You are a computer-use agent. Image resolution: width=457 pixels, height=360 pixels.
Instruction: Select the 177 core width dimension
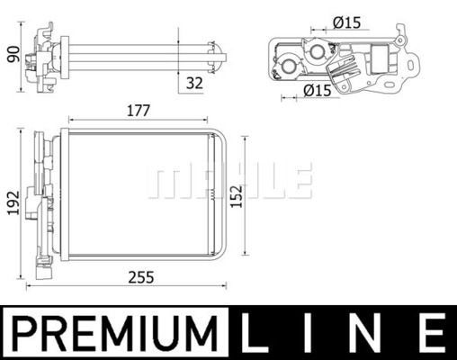pos(138,111)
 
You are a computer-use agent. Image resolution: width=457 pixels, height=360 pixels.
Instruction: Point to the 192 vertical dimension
pos(13,204)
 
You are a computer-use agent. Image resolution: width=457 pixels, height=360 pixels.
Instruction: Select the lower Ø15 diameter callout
pos(317,90)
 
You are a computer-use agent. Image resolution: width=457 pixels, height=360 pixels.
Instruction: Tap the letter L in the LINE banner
pos(257,333)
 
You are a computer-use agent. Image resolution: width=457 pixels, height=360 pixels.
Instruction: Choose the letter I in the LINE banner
pos(310,333)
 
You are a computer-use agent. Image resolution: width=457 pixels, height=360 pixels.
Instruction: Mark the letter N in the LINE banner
pos(369,333)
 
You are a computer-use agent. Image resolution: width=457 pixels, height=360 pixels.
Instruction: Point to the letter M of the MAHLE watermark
pos(165,181)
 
